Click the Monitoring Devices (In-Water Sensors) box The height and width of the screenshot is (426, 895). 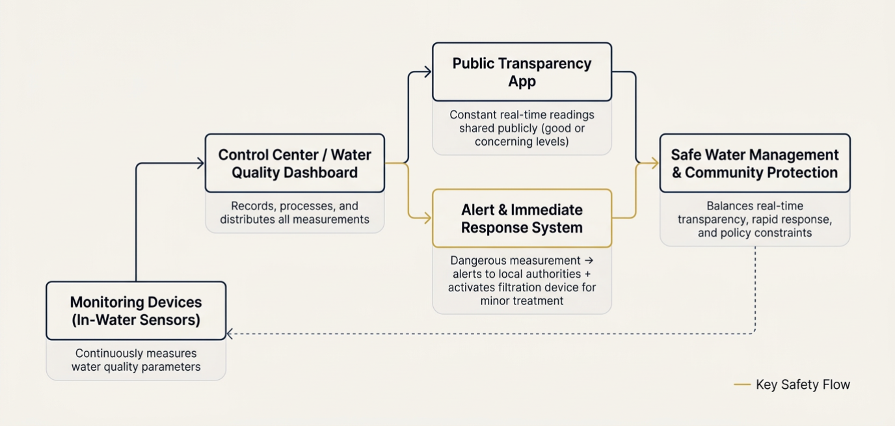[x=136, y=311]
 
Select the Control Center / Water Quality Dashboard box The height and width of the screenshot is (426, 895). [x=295, y=163]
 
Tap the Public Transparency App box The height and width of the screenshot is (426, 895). [x=522, y=72]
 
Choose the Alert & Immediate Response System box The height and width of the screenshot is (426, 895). [x=522, y=219]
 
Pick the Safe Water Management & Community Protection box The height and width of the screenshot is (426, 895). [x=755, y=163]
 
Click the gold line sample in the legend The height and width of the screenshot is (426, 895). [x=742, y=385]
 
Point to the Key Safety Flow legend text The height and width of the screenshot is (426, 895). [x=803, y=385]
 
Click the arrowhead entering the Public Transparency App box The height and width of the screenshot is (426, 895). [x=427, y=72]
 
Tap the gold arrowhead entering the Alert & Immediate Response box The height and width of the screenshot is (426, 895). [x=427, y=219]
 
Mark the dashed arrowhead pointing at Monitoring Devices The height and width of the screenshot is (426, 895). [x=230, y=334]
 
